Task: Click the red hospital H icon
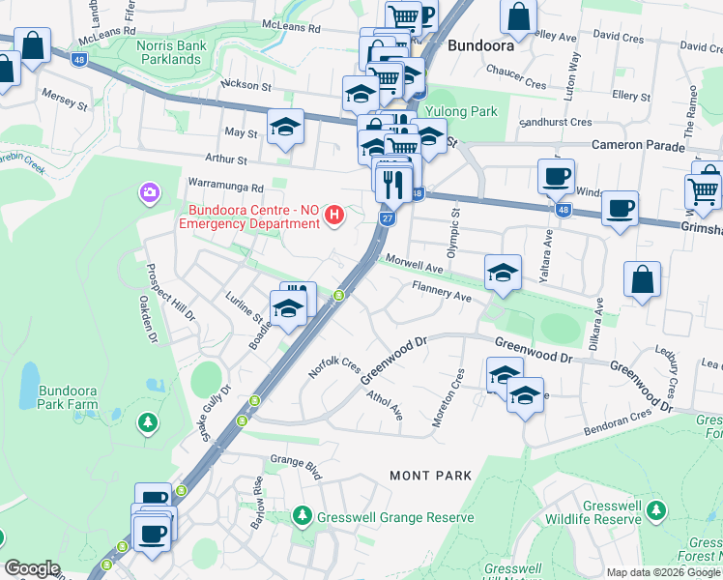334,214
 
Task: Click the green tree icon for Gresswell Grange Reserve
303,517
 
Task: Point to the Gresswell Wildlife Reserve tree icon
657,509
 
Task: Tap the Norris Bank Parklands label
182,51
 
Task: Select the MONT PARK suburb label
430,476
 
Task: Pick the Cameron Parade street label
639,146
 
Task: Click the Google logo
32,568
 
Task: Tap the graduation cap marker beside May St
285,128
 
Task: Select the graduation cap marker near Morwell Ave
503,273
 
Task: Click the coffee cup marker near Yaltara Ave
556,177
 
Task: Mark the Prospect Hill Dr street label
156,291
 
